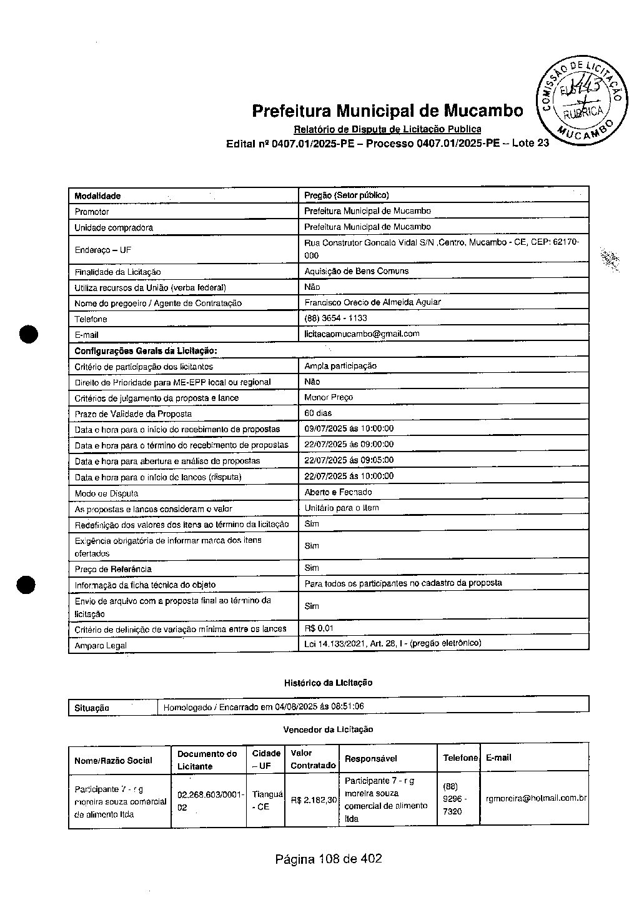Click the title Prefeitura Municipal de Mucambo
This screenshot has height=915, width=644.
(387, 111)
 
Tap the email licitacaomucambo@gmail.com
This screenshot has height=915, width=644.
(362, 334)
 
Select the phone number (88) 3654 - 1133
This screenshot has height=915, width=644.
(335, 319)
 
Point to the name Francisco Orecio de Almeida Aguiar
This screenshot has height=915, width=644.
(372, 302)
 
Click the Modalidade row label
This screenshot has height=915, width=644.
(97, 196)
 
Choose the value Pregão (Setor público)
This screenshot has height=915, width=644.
(346, 195)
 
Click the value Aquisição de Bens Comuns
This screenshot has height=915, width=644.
(356, 271)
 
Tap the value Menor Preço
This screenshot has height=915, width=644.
(329, 397)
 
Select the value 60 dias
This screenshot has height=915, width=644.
(318, 413)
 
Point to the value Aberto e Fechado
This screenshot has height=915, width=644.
(338, 492)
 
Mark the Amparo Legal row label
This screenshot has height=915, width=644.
(101, 646)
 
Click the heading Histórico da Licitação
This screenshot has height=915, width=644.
(328, 683)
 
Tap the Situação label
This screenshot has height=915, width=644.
(92, 708)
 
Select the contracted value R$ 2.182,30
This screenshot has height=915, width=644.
(314, 799)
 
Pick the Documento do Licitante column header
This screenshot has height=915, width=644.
(207, 759)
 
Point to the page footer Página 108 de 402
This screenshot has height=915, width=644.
(329, 859)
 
